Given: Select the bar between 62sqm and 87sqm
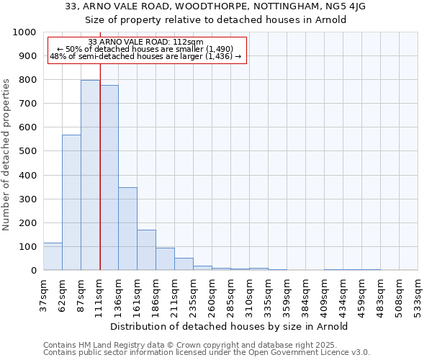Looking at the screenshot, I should [71, 202].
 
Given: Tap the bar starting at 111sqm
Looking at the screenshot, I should [109, 178].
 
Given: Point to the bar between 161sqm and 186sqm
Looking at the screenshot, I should [146, 250].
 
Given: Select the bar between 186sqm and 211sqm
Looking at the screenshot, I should [165, 259].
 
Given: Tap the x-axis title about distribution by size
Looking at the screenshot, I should [230, 326].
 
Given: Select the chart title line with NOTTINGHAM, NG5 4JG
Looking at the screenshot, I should [216, 6].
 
